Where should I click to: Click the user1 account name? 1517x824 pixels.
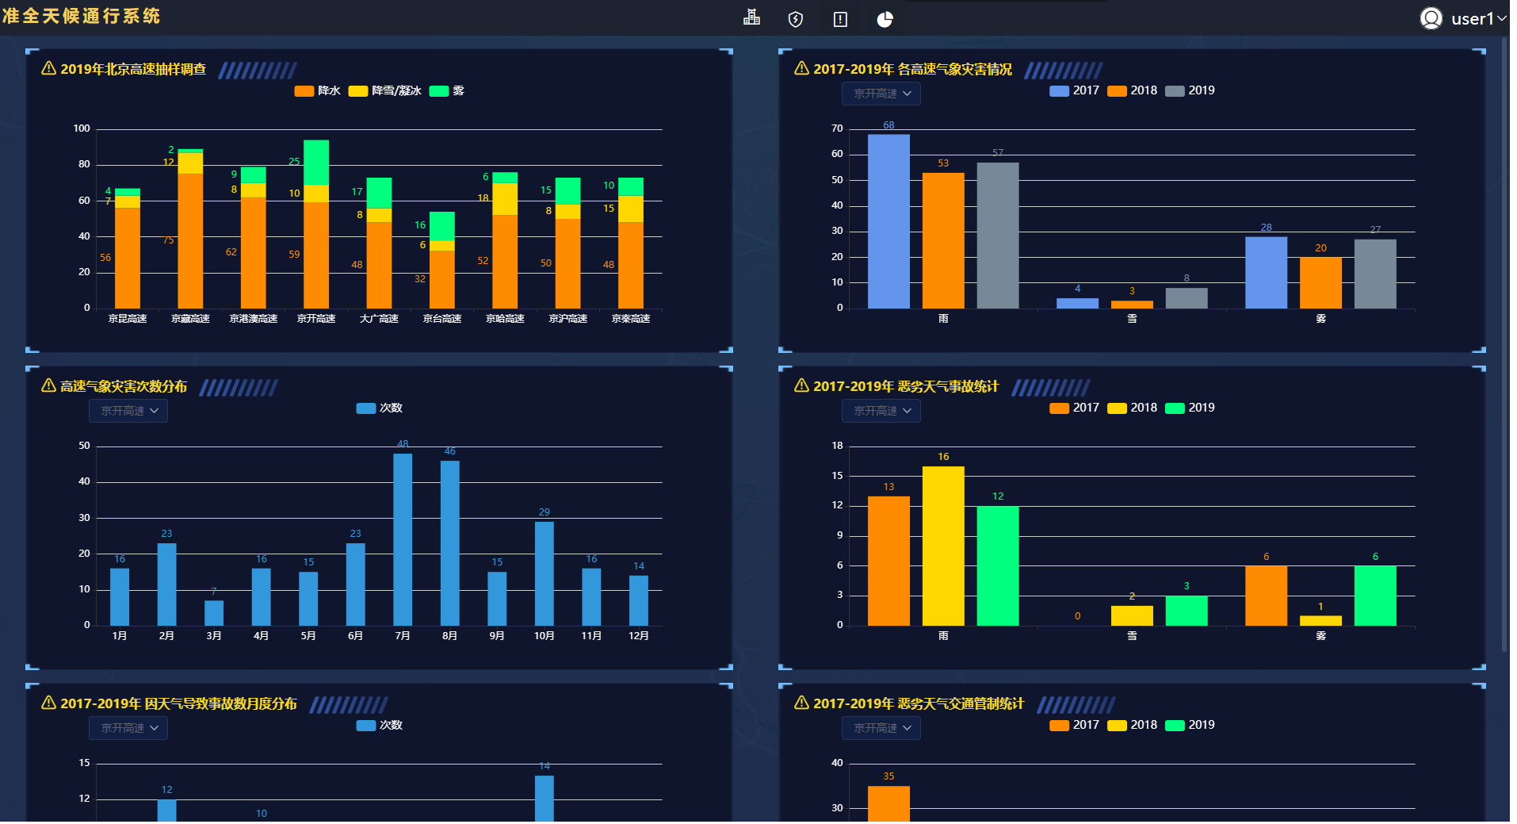click(1472, 19)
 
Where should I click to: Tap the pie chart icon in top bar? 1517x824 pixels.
click(885, 20)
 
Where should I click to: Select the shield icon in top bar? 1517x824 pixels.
click(796, 20)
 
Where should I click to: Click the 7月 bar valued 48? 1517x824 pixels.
click(403, 539)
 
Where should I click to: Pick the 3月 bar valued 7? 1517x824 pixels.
click(214, 613)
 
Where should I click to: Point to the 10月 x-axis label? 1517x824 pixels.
click(544, 636)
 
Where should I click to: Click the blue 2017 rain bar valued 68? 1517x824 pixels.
click(888, 221)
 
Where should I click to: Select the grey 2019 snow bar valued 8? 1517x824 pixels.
click(1186, 298)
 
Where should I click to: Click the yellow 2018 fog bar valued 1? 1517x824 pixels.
click(1320, 621)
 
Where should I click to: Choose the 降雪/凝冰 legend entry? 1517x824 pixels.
click(386, 91)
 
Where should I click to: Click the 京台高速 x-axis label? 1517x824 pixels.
click(441, 319)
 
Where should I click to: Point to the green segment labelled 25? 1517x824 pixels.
click(316, 163)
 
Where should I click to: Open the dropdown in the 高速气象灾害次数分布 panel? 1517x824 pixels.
click(128, 411)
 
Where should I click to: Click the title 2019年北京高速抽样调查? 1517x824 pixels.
click(132, 70)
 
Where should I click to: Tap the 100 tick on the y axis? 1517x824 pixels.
click(82, 128)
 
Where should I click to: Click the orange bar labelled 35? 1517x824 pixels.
click(888, 803)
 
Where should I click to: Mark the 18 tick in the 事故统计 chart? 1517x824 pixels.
click(837, 446)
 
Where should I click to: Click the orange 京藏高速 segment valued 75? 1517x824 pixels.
click(190, 240)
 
